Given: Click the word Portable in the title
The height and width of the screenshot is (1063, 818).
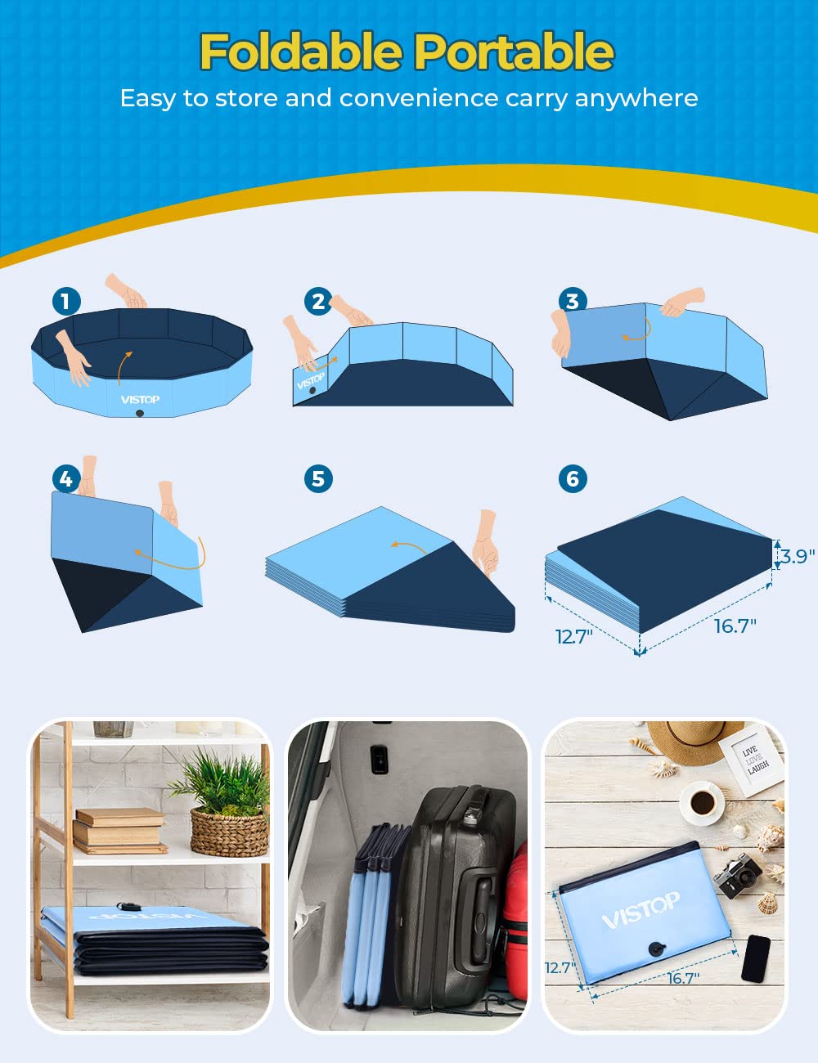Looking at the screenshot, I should point(513,52).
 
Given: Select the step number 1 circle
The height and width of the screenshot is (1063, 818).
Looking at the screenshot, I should point(66,301).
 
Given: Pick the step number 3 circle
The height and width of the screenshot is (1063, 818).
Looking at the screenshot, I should point(572,301).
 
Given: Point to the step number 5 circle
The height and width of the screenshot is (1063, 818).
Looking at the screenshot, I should point(318,478).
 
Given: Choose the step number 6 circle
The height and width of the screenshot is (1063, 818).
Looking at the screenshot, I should point(572,478).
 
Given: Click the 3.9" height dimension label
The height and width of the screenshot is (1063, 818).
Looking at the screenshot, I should point(797,556).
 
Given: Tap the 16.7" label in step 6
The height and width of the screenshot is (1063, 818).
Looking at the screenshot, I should point(735,626).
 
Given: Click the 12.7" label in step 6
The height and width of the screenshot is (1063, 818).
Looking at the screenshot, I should point(573,637).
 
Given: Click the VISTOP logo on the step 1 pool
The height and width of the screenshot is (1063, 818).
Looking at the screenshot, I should point(140,400).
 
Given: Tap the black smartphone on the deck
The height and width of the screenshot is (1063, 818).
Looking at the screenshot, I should point(755,958).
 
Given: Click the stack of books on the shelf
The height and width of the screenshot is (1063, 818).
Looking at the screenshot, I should point(119,831).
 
